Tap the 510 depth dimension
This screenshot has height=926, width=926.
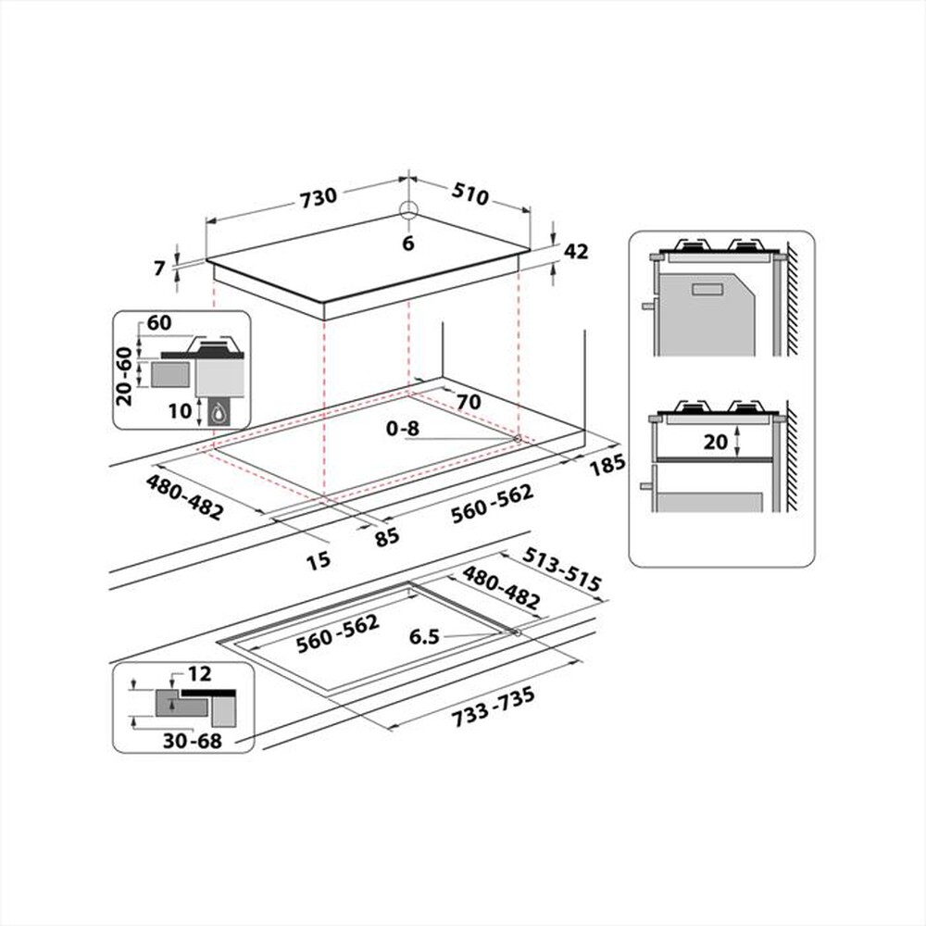click(x=469, y=195)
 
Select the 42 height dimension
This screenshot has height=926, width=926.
click(x=576, y=251)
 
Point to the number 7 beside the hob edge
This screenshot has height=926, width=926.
click(x=160, y=269)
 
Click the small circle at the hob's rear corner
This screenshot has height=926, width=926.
click(x=408, y=208)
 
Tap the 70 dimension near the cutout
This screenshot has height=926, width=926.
click(x=469, y=403)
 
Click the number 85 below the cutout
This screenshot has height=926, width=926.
click(x=387, y=535)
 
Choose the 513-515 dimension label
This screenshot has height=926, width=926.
click(x=561, y=570)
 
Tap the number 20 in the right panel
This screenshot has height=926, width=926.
click(x=715, y=442)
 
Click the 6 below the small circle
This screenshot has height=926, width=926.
click(x=407, y=244)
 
